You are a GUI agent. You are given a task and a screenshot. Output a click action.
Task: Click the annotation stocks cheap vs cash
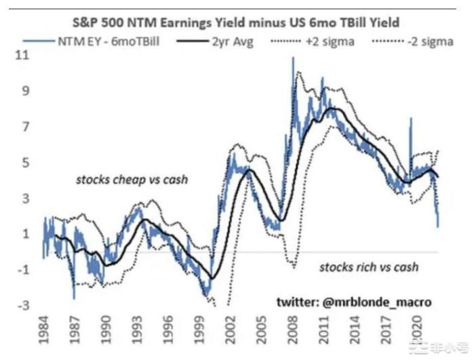(x=132, y=180)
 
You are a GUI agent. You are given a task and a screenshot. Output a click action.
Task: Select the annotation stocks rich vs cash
(x=369, y=266)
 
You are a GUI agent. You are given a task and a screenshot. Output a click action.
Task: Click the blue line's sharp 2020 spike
(x=410, y=118)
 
